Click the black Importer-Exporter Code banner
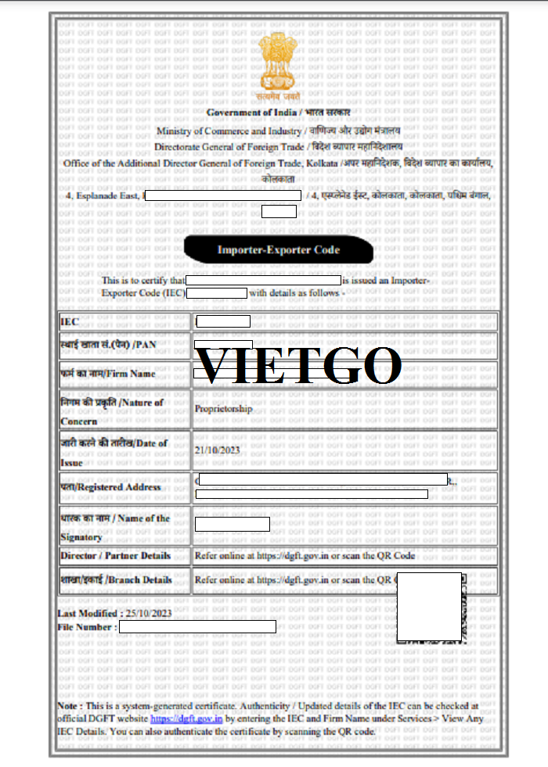point(278,250)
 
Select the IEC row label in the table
point(70,321)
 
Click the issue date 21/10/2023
point(216,450)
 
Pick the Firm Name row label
point(107,374)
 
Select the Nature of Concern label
point(112,411)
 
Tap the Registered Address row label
point(110,486)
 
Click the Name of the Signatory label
point(114,527)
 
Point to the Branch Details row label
point(115,580)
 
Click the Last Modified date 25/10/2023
point(147,613)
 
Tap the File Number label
point(87,627)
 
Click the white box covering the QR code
point(428,607)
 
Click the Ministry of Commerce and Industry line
point(278,131)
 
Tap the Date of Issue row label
point(114,452)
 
